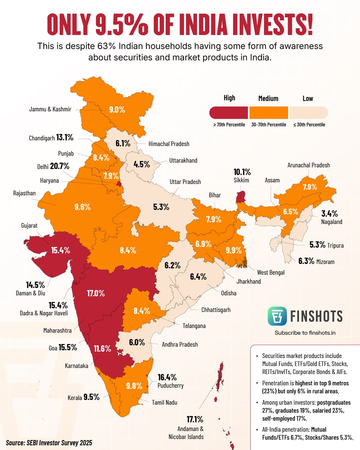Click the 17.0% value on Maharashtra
[96, 293]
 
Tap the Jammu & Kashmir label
[50, 109]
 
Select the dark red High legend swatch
[229, 113]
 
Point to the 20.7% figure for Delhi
[60, 166]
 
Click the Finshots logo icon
[277, 316]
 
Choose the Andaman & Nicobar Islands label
[186, 433]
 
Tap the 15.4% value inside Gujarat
[60, 250]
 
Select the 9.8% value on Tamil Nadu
[134, 386]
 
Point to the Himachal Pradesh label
[169, 144]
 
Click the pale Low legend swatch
[309, 113]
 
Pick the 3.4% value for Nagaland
[329, 214]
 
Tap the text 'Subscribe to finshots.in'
[305, 333]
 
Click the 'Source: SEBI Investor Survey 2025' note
[49, 443]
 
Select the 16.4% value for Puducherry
[167, 377]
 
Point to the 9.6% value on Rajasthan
[82, 207]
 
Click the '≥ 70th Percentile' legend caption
[229, 125]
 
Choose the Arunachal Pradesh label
[309, 165]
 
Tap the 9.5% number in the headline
[122, 24]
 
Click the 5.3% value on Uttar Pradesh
[161, 207]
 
